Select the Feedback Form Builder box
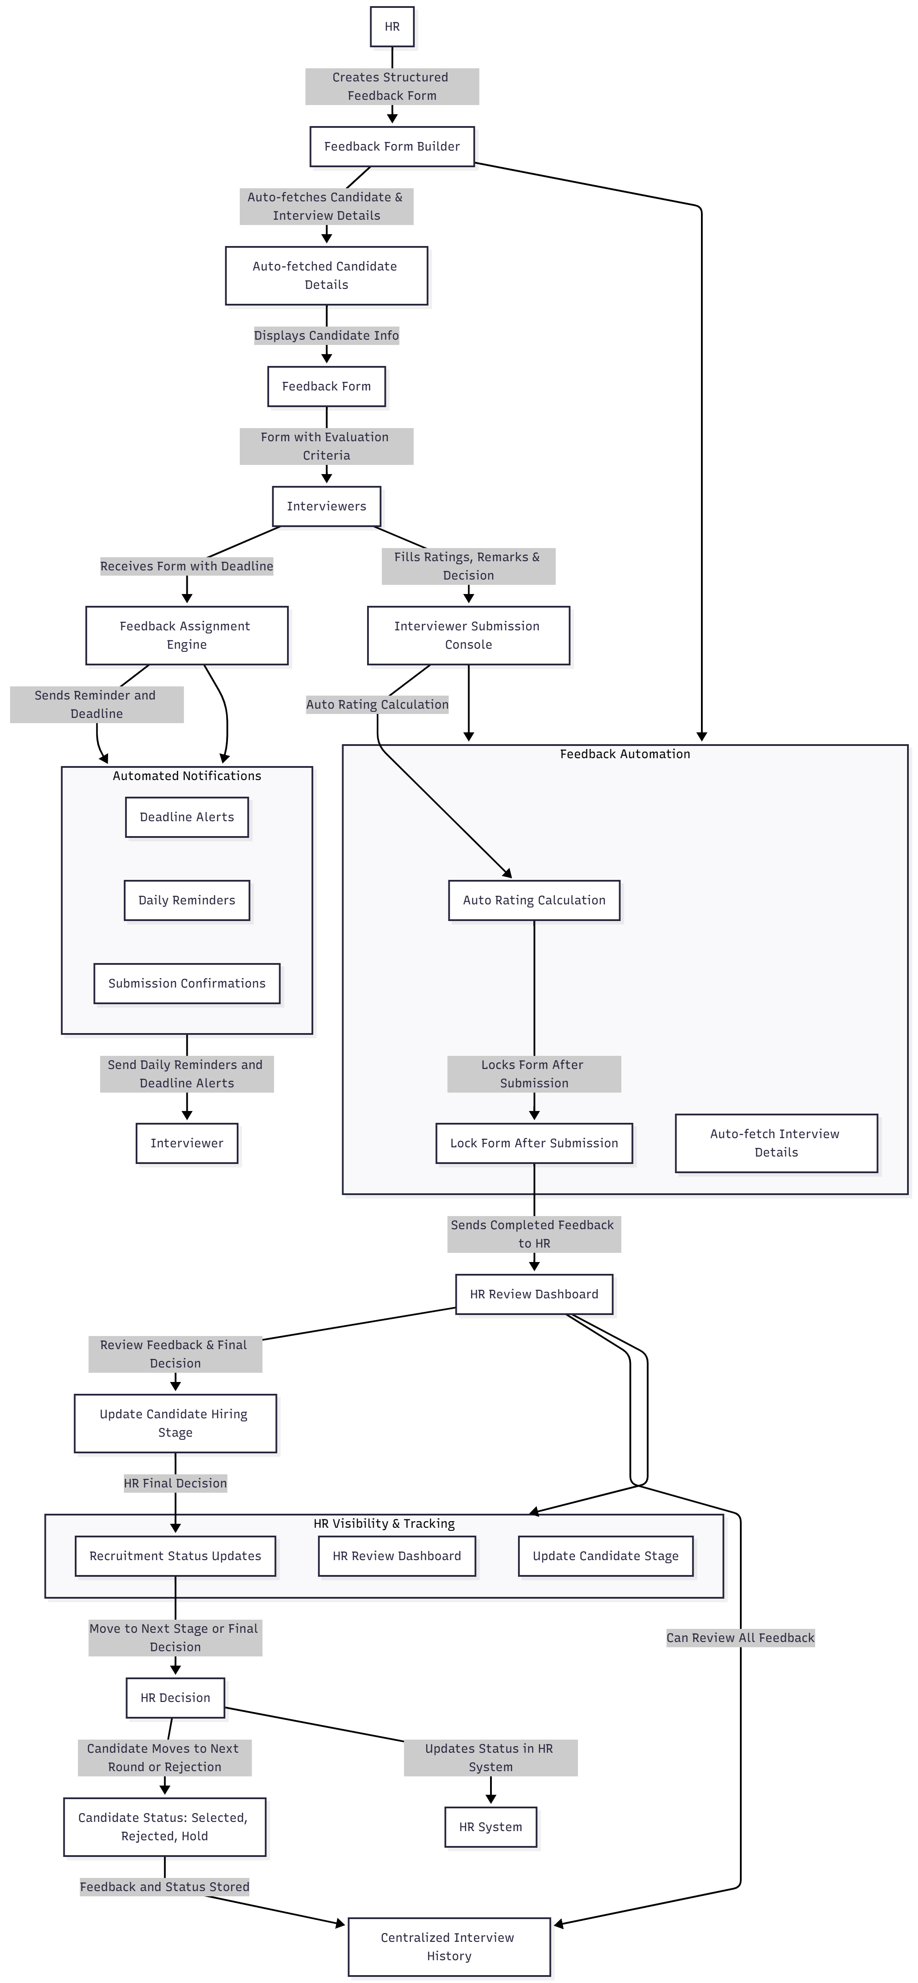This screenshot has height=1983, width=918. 392,146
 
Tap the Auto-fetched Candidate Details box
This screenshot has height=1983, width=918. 326,276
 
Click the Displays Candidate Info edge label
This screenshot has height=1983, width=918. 326,336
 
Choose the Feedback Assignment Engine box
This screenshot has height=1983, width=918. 186,635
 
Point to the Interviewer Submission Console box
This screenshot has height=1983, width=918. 468,635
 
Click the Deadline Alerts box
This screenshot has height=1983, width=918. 187,817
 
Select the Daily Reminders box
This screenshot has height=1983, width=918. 187,900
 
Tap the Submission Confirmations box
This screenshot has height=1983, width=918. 187,983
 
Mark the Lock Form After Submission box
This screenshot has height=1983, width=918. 534,1143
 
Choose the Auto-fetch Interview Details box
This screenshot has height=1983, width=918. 776,1143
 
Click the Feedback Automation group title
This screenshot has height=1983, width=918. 625,754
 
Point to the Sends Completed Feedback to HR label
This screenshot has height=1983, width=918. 534,1234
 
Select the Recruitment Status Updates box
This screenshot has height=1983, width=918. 175,1556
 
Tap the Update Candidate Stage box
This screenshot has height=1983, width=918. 606,1556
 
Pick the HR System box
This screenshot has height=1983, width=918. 490,1827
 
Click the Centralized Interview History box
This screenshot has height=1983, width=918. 448,1946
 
